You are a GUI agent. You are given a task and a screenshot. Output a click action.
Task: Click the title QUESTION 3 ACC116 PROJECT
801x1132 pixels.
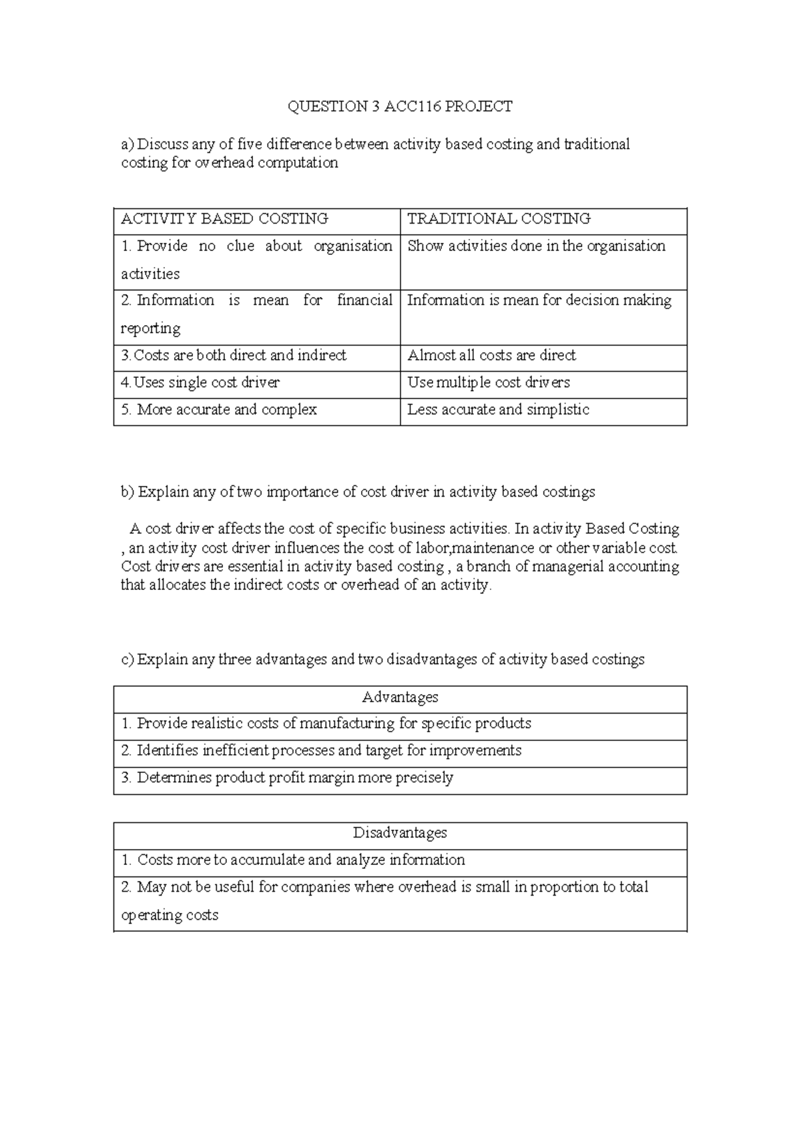coord(400,106)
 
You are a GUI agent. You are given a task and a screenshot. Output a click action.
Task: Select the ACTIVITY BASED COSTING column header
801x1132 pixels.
coord(224,219)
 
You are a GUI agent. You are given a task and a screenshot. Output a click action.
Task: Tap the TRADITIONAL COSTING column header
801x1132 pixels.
coord(499,219)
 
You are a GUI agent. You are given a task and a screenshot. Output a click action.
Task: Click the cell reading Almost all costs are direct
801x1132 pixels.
coord(491,356)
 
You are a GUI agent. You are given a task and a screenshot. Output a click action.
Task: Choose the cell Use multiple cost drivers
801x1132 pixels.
coord(489,383)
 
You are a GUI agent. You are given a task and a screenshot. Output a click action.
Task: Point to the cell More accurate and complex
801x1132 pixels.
coord(219,410)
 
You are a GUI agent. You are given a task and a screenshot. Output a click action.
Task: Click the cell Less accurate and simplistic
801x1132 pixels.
coord(498,410)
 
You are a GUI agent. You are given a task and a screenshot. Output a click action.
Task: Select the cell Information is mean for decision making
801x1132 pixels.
coord(539,300)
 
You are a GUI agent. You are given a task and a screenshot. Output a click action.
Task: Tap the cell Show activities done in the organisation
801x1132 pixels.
coord(536,246)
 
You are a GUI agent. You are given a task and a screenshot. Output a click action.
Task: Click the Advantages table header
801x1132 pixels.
coord(400,697)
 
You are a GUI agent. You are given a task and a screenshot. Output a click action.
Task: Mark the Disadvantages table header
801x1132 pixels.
coord(400,833)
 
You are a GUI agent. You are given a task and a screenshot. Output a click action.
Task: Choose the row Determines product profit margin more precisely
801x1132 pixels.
coord(287,778)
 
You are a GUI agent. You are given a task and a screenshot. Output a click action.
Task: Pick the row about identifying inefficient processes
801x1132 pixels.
coord(321,751)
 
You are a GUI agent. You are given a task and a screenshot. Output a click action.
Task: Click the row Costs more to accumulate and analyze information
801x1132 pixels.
coord(293,860)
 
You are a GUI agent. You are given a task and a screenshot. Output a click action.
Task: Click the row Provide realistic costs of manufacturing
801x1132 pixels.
coord(326,724)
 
